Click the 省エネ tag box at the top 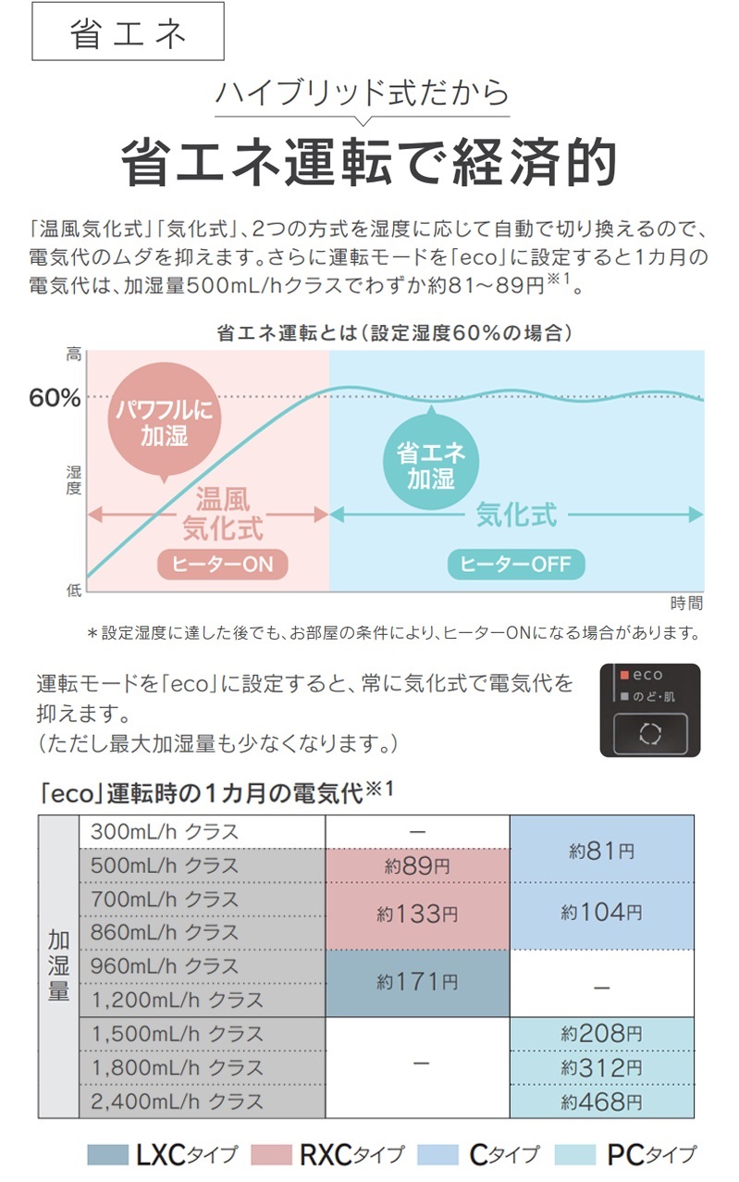128,31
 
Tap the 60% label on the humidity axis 55,397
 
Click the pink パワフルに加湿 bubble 165,419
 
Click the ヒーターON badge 223,564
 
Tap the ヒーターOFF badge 516,564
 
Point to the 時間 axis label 686,603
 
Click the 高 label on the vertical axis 74,355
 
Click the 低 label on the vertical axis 74,590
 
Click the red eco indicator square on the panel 624,675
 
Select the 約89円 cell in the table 417,865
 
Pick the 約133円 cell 417,915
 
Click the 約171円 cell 417,983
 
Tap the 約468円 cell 602,1101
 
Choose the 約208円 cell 602,1034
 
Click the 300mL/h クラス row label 165,832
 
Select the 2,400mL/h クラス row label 177,1101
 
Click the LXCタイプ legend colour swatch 107,1154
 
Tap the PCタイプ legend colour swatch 575,1154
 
